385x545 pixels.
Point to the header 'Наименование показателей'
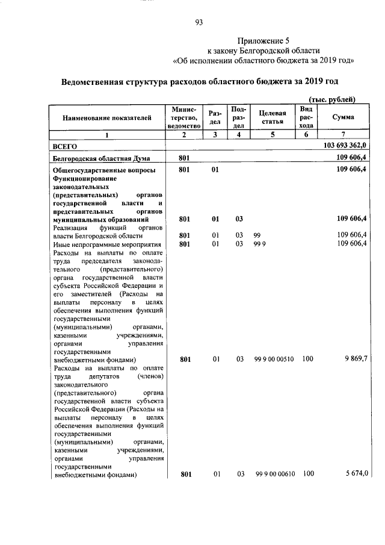point(107,118)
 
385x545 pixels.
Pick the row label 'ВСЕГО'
point(66,146)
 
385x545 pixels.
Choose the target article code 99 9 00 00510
point(274,360)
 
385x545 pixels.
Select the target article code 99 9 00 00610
point(274,474)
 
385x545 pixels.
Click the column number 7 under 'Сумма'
point(343,135)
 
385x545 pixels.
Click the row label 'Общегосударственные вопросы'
point(105,170)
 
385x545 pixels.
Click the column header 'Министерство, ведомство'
point(184,117)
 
